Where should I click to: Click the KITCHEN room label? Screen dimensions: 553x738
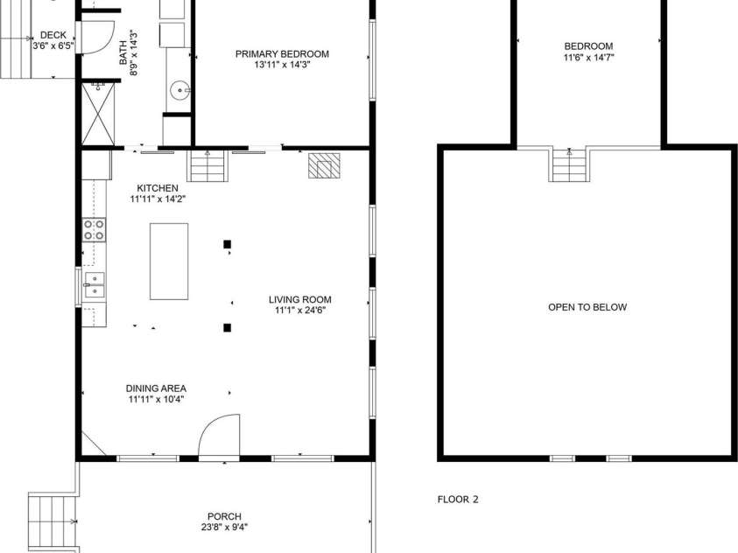pos(158,188)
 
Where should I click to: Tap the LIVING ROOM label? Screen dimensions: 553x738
pos(300,299)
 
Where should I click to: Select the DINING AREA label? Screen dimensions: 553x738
pos(156,388)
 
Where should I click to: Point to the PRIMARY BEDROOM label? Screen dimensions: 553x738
pos(282,53)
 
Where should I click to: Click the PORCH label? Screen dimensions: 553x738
pos(224,516)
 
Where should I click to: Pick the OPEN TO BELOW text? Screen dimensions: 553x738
pos(587,307)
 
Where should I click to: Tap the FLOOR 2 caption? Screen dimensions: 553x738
pos(458,500)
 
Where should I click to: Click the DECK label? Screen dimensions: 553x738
pos(53,36)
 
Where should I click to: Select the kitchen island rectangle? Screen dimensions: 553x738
pos(169,262)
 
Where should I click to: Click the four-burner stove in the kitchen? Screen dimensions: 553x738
pos(94,230)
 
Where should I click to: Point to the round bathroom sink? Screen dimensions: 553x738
pos(179,88)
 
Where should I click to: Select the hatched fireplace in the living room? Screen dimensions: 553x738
pos(324,165)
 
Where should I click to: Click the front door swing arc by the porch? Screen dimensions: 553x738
pos(218,435)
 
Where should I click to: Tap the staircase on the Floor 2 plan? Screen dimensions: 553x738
pos(569,164)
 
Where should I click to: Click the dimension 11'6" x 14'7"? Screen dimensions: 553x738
pos(588,58)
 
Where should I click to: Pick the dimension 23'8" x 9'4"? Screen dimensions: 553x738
pos(224,528)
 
